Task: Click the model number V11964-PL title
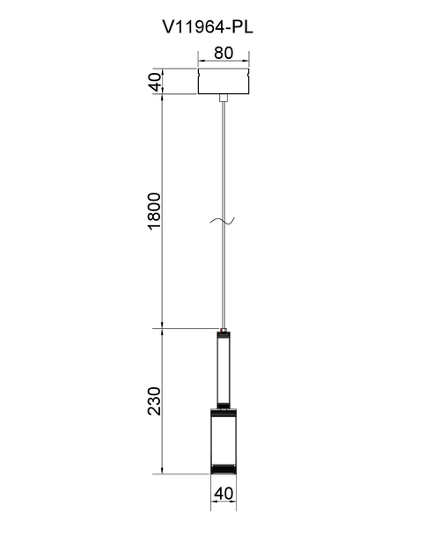[x=208, y=26]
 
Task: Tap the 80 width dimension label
[x=224, y=53]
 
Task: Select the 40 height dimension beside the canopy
[x=157, y=81]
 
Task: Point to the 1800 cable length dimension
[x=155, y=211]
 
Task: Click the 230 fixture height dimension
[x=154, y=401]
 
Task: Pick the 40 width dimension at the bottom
[x=224, y=494]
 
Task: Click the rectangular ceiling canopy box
[x=224, y=81]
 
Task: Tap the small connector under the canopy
[x=224, y=98]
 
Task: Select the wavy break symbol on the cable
[x=223, y=220]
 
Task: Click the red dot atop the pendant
[x=224, y=330]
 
